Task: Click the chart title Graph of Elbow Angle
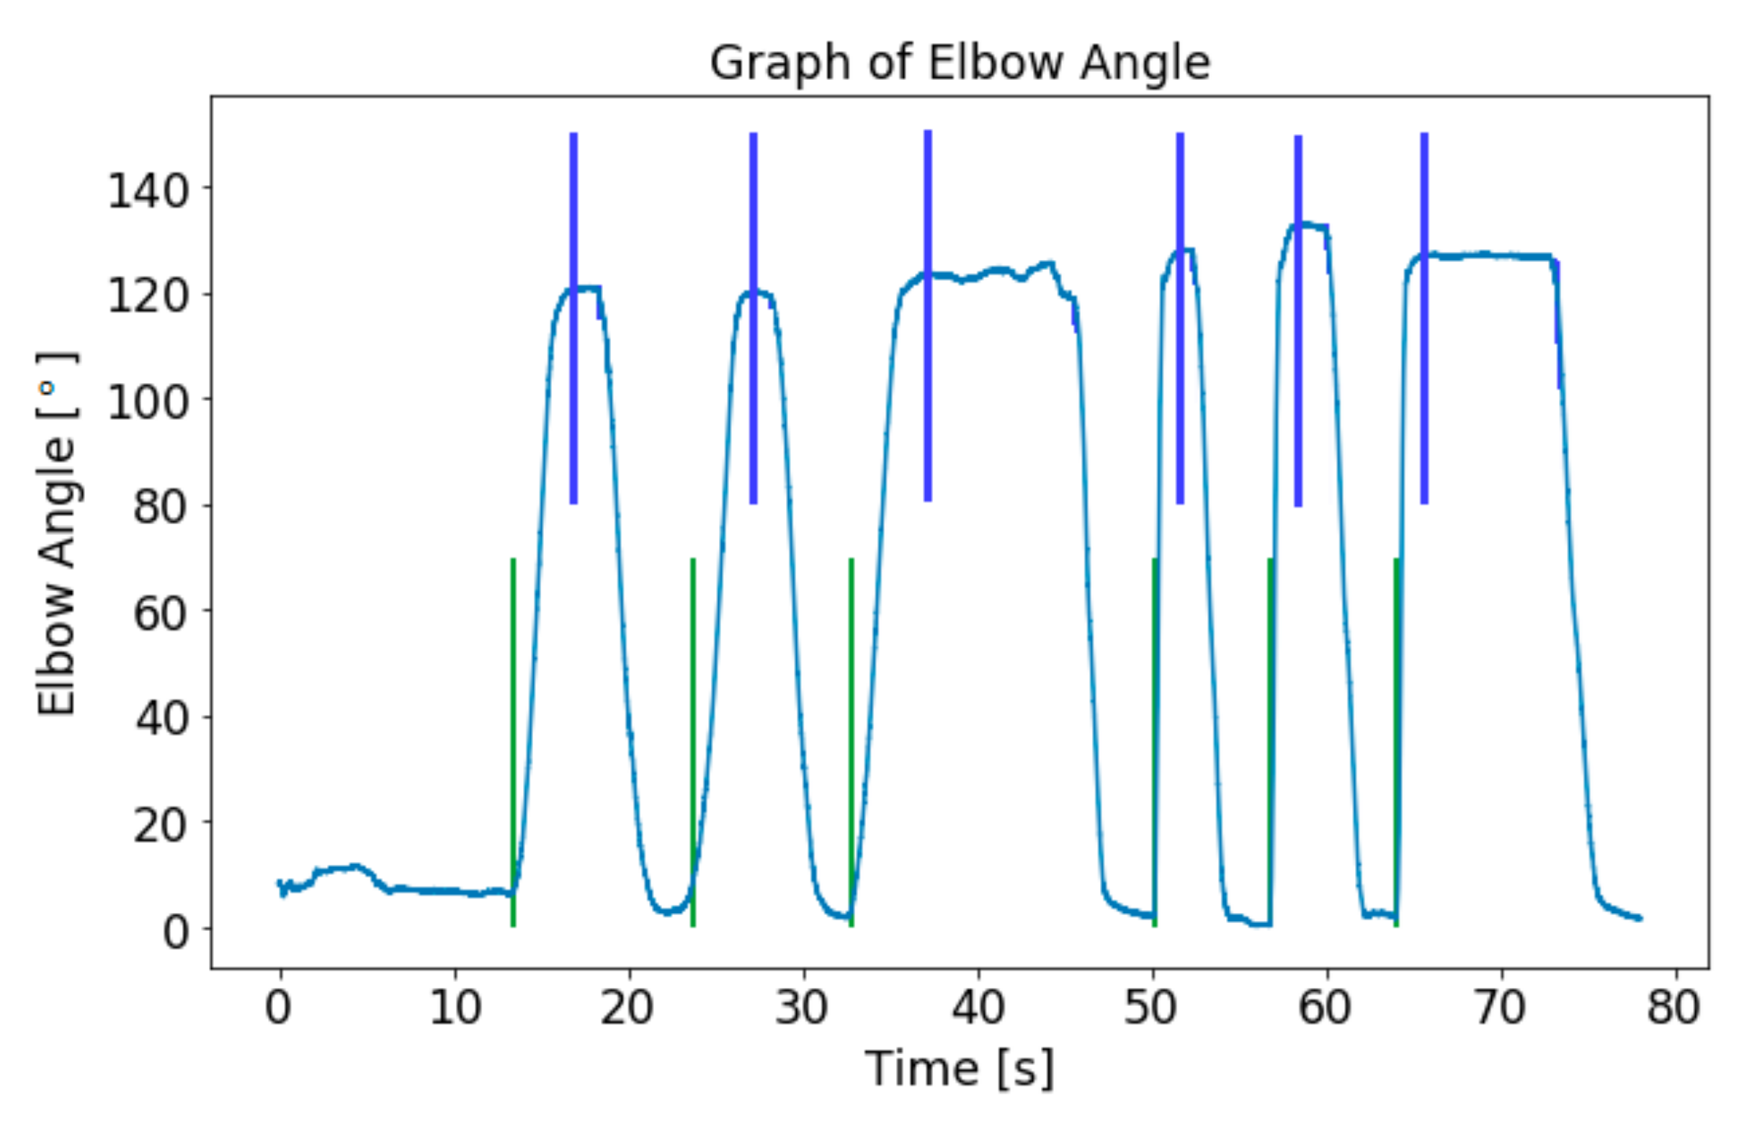[960, 63]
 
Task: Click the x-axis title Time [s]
[960, 1069]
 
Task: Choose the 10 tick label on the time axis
[455, 1007]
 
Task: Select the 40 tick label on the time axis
[978, 1007]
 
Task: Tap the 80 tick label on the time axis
[1673, 1007]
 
